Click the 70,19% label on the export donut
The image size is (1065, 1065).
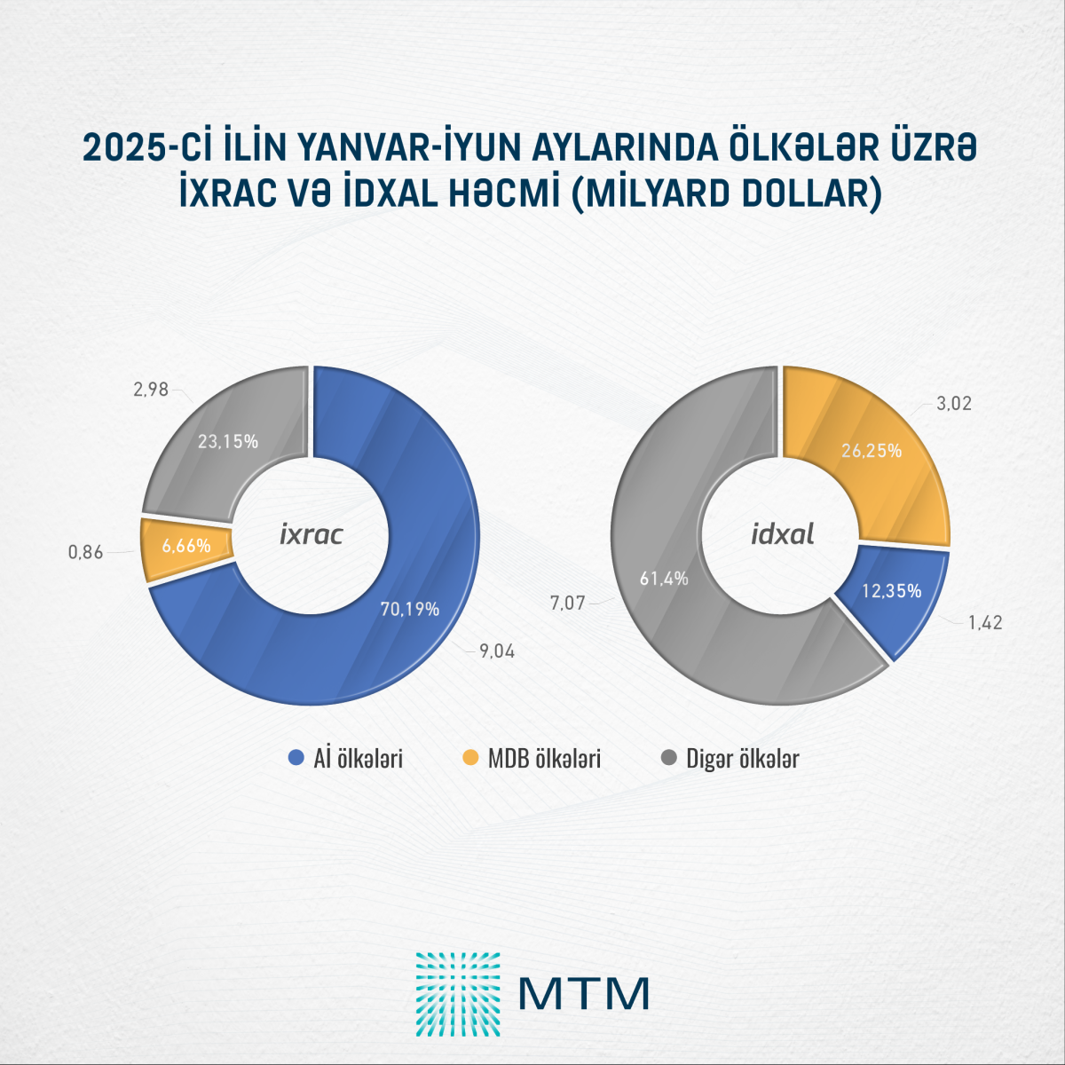(410, 610)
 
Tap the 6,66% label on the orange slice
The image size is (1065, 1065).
(186, 546)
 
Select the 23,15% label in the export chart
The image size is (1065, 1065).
(228, 441)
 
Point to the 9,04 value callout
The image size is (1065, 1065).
(497, 651)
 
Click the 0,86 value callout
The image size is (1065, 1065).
(86, 552)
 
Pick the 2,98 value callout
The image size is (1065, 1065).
(151, 389)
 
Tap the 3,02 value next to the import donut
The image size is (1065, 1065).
(954, 404)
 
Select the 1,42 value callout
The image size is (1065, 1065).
(984, 622)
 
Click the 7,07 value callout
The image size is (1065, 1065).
(567, 603)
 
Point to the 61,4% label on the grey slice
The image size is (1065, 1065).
(664, 579)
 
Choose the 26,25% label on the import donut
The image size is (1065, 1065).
(872, 451)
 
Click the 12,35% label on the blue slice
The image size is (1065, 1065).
(891, 591)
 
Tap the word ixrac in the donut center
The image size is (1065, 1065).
(312, 534)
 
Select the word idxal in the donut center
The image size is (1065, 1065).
(783, 534)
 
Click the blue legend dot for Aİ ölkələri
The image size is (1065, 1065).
(297, 759)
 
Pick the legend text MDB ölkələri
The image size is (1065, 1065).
(544, 759)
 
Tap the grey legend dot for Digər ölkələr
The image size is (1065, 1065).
(669, 759)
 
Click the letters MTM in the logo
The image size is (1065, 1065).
(584, 994)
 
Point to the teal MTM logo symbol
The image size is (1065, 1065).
(458, 994)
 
